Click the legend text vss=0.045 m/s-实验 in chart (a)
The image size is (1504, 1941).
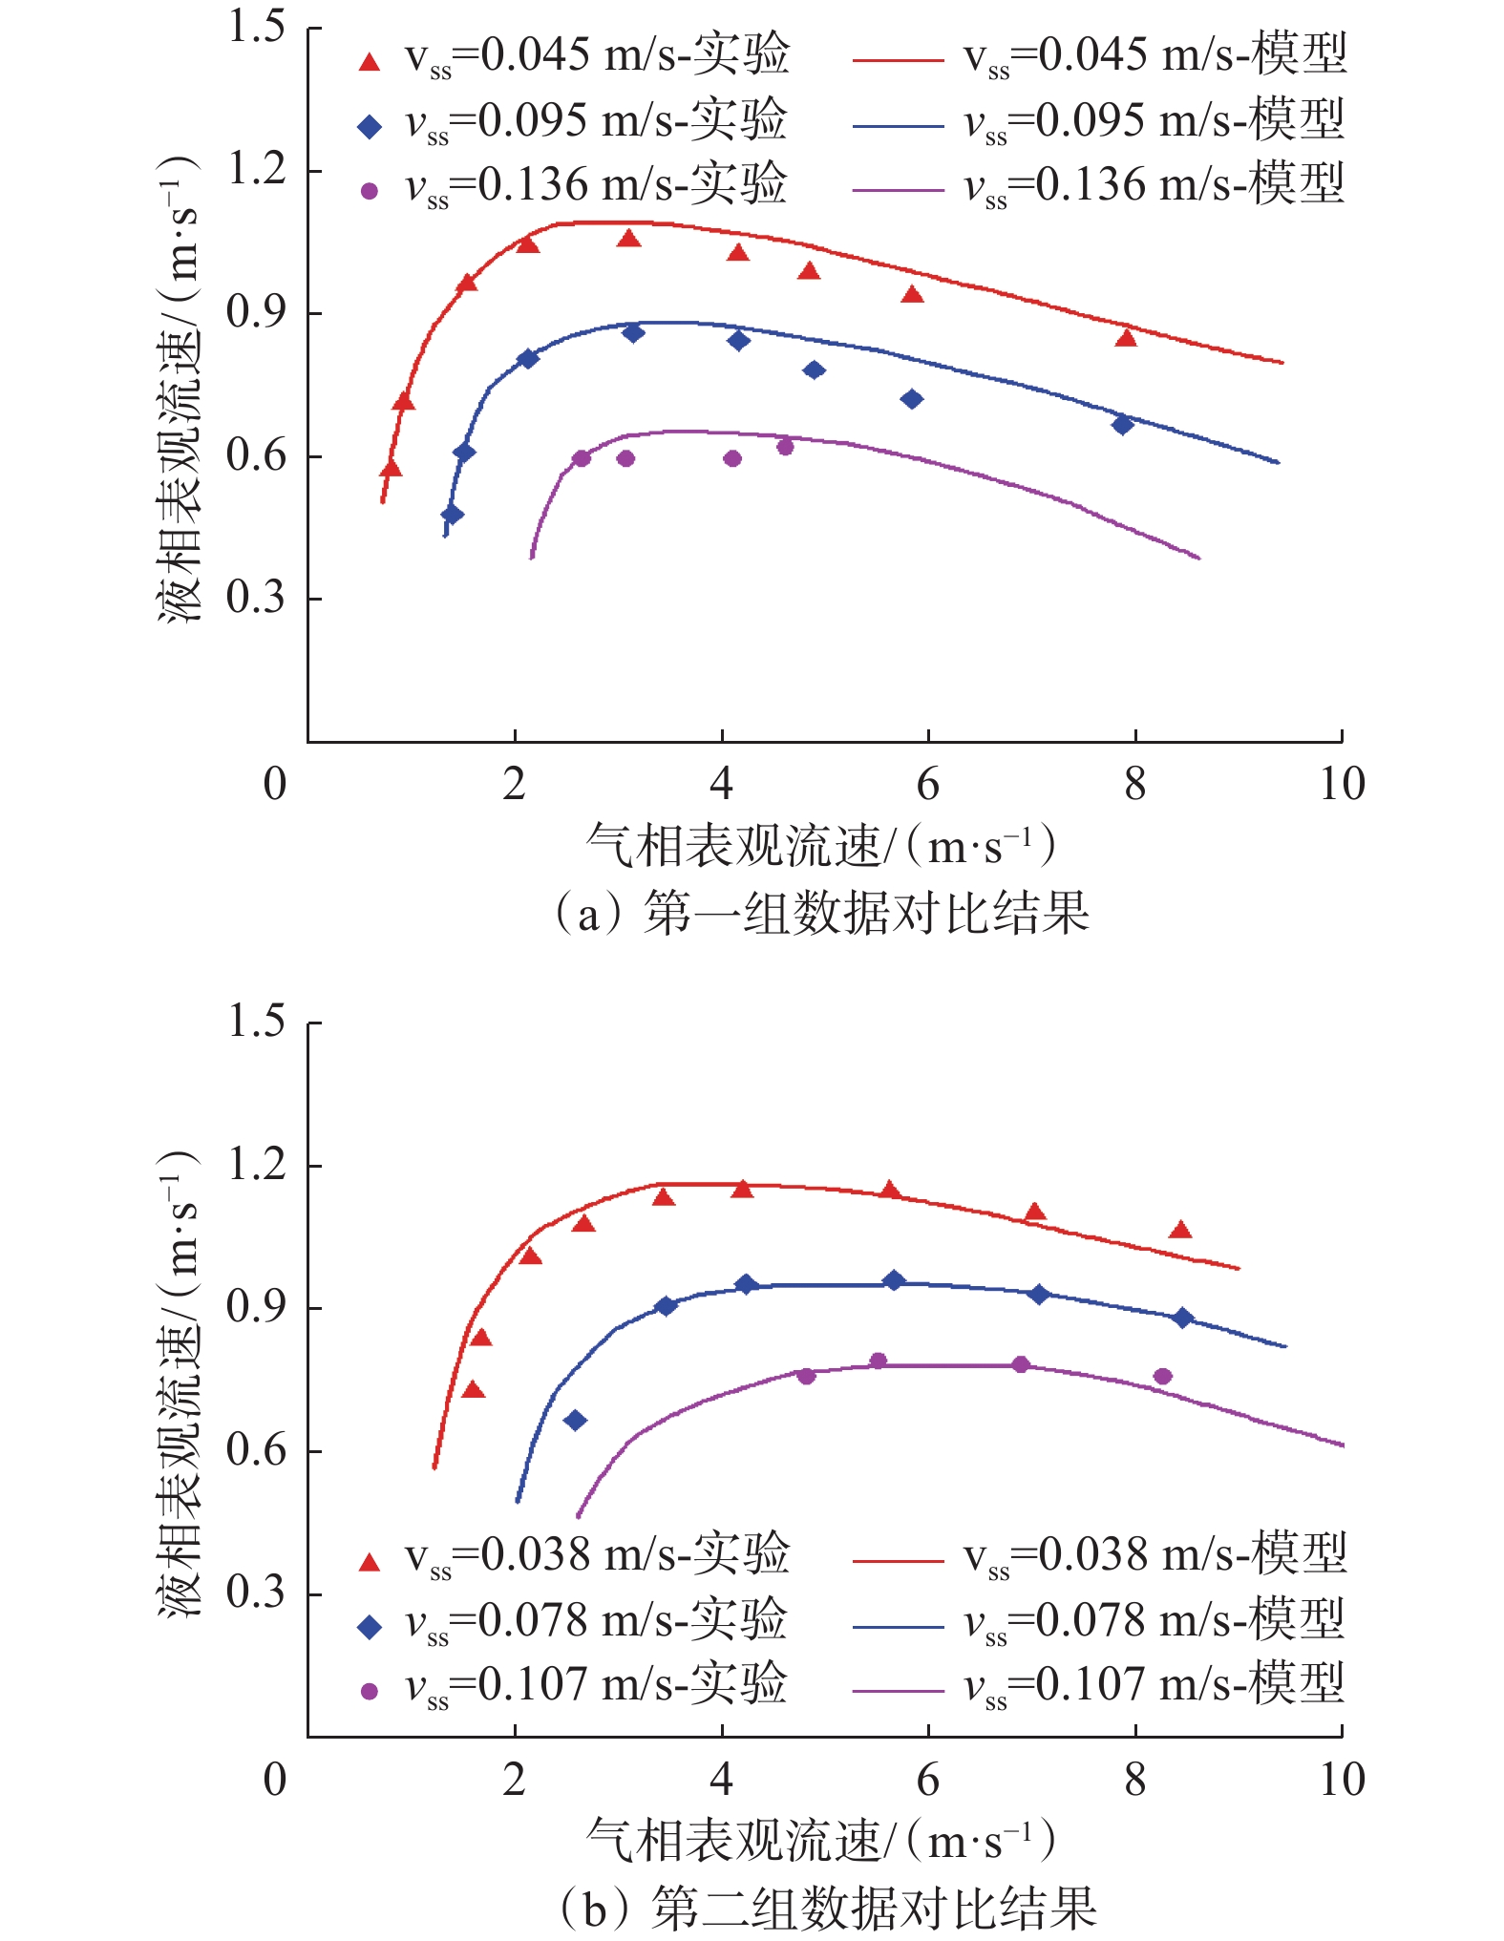(x=597, y=55)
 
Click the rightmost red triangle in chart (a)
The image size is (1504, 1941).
(x=1126, y=338)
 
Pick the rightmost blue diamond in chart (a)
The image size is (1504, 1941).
(x=1123, y=424)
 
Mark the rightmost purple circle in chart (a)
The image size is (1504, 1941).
(x=785, y=447)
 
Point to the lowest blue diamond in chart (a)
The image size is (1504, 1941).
(x=453, y=515)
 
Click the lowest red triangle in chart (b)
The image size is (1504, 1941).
(x=474, y=1389)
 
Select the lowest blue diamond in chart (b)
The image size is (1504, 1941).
(x=575, y=1421)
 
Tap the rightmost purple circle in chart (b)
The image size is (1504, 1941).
(x=1162, y=1376)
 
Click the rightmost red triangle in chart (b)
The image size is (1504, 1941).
(x=1181, y=1230)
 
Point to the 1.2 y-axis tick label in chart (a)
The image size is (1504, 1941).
(x=256, y=170)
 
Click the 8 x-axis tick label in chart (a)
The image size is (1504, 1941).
(x=1134, y=785)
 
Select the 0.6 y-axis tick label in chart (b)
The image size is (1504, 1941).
(x=256, y=1449)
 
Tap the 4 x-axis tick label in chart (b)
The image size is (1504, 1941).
(x=721, y=1781)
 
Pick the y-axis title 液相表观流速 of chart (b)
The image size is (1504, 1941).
(x=179, y=1383)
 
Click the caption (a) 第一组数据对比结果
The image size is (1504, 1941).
(x=820, y=913)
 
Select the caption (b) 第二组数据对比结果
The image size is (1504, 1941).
(x=826, y=1909)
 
